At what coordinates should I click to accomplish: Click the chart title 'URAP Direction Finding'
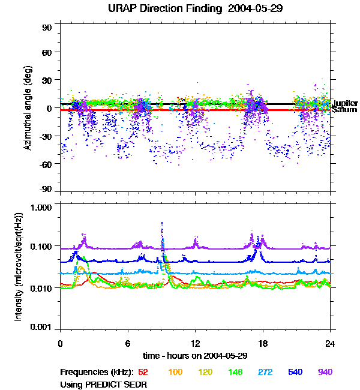pos(164,8)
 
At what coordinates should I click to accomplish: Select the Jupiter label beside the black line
pos(344,103)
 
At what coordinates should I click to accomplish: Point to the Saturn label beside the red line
pos(344,110)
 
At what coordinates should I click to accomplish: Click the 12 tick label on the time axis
pos(195,343)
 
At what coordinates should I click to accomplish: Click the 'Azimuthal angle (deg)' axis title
pos(28,109)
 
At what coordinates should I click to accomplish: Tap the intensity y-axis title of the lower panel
pos(19,267)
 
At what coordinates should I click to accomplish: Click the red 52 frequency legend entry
pos(143,372)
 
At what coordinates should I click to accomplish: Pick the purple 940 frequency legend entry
pos(325,372)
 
